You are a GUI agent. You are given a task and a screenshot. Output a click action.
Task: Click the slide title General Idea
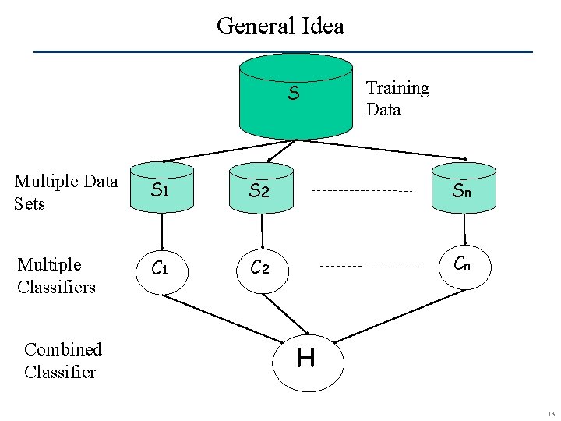(x=280, y=26)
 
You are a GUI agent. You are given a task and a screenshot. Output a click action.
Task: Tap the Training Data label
(x=397, y=98)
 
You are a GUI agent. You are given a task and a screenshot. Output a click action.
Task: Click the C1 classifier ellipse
(x=161, y=269)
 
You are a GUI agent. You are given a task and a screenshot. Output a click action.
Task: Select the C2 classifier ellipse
(x=261, y=269)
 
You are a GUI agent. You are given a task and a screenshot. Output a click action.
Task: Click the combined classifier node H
(x=305, y=359)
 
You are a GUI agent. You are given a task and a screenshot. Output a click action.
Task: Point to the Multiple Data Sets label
(x=66, y=193)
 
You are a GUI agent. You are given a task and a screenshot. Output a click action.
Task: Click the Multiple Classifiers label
(x=56, y=276)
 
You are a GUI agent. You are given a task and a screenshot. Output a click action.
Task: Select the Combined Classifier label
(x=62, y=360)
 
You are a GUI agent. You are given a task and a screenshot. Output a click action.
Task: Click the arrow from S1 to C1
(x=162, y=230)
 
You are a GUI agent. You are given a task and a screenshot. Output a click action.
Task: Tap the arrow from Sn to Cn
(x=464, y=228)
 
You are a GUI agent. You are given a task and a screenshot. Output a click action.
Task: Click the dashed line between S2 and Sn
(x=362, y=190)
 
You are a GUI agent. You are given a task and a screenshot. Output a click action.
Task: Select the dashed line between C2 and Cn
(x=370, y=267)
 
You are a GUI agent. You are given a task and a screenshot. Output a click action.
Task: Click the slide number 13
(x=550, y=414)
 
